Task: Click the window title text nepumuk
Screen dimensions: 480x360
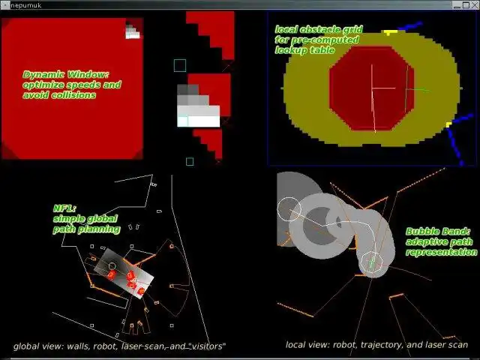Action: pos(25,5)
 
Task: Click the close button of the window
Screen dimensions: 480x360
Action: pos(475,5)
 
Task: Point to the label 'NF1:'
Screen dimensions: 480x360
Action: pos(64,208)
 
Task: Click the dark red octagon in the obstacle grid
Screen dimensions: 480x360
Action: pos(372,88)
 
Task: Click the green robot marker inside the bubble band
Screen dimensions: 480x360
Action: pos(371,262)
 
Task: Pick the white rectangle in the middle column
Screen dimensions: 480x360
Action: pos(198,116)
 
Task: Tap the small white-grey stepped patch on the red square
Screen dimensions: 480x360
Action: pos(133,31)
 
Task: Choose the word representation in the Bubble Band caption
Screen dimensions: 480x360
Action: pos(442,252)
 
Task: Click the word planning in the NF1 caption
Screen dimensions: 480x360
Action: pos(102,229)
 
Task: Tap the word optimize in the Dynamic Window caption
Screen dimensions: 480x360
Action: pos(40,85)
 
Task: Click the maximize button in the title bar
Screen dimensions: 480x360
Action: pos(466,5)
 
